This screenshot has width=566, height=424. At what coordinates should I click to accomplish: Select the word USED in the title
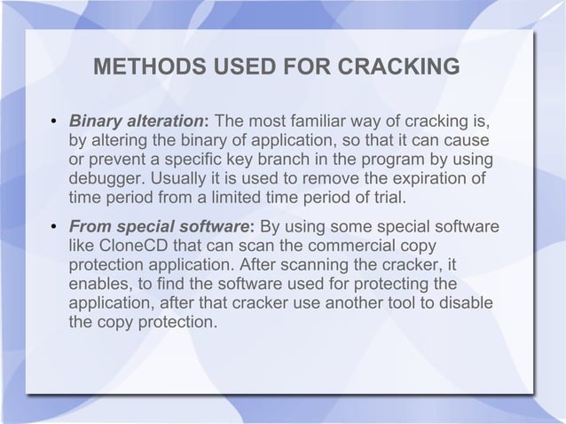225,68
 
